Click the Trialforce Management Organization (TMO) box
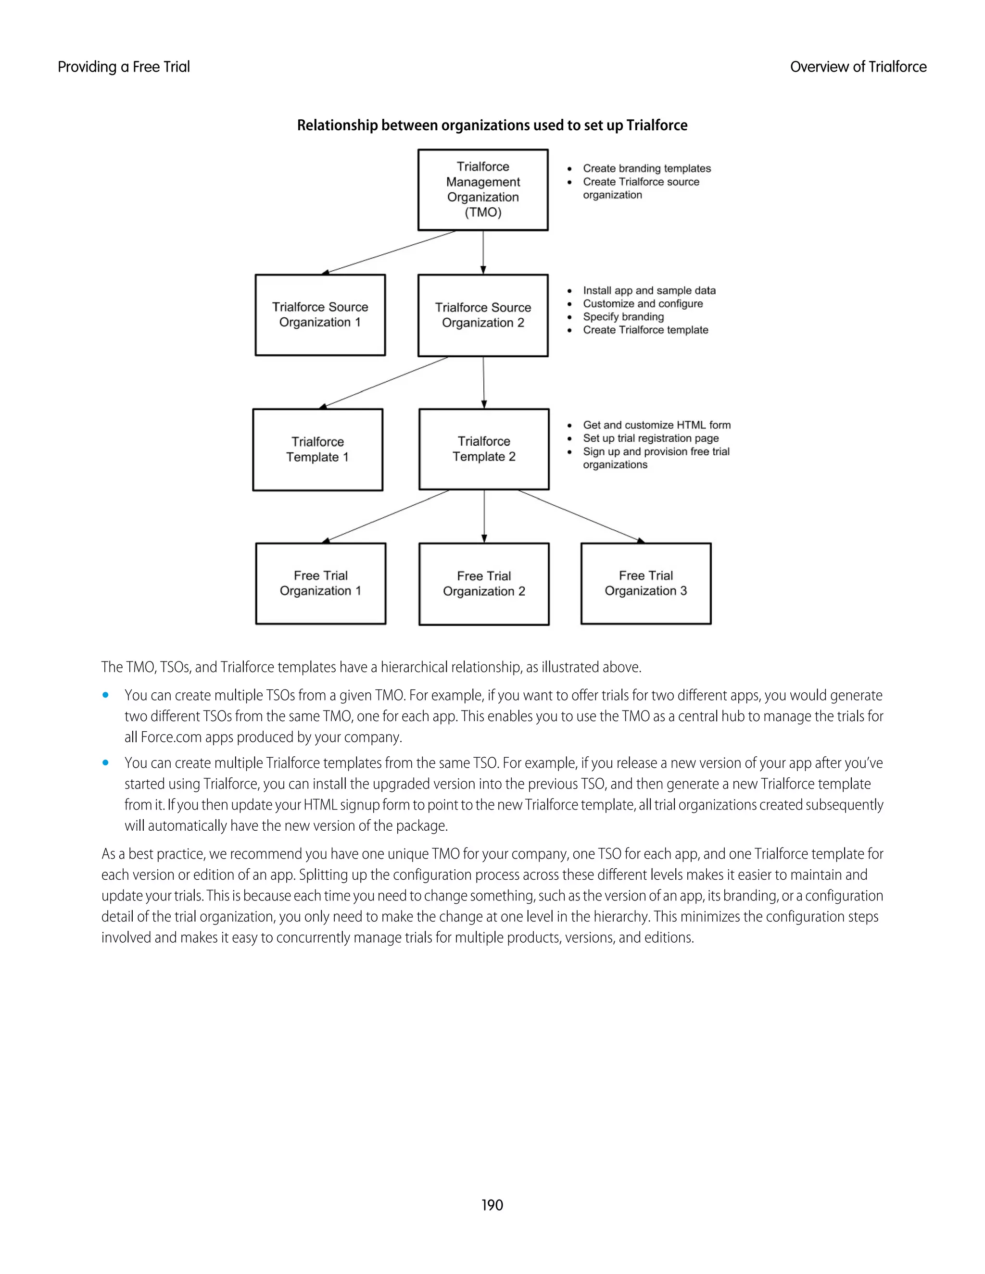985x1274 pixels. (482, 189)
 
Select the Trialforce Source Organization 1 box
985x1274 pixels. (320, 315)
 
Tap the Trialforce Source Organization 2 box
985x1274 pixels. (482, 315)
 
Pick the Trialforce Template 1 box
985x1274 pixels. (317, 450)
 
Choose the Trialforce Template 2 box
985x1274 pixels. (484, 449)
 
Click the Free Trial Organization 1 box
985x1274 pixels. (320, 583)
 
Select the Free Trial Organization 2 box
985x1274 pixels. (484, 584)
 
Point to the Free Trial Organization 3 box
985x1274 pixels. (645, 583)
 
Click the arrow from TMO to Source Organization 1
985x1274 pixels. (389, 252)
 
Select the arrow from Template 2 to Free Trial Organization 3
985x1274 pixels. (581, 516)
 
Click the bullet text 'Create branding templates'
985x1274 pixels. (646, 169)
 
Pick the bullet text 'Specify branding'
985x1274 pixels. (623, 317)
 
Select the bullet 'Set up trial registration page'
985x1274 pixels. (651, 438)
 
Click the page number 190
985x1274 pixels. (492, 1205)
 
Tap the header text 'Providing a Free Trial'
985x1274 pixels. (124, 67)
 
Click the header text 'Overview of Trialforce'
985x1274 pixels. (858, 67)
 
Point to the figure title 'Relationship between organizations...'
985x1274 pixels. (492, 125)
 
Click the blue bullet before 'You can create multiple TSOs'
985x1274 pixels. (106, 695)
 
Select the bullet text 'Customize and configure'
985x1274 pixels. (643, 303)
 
